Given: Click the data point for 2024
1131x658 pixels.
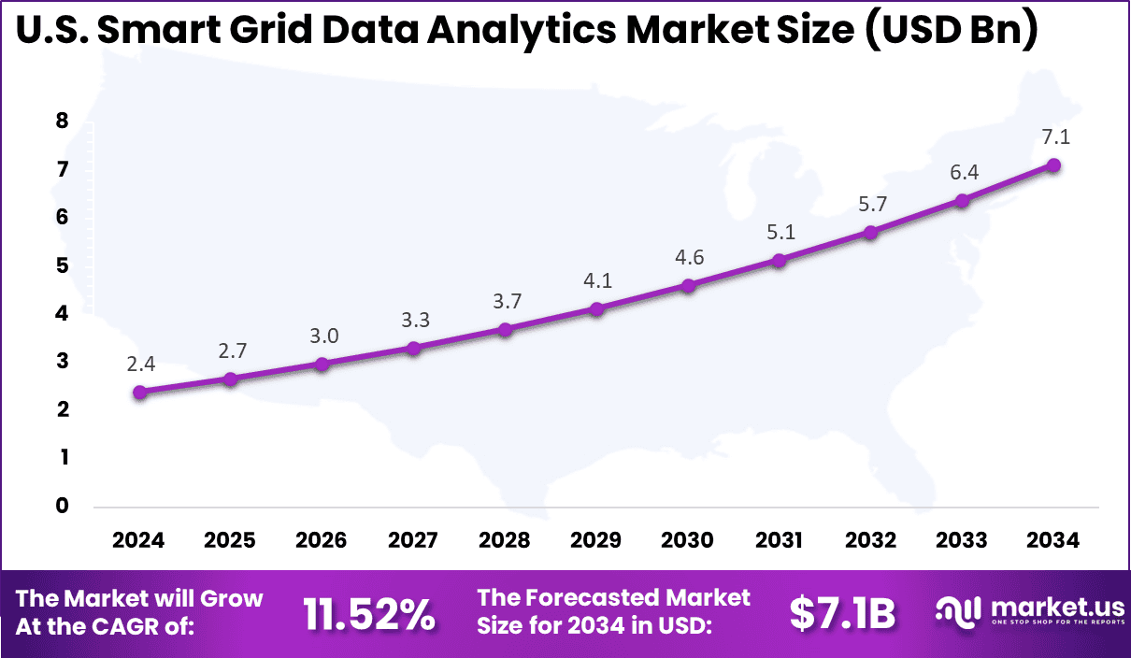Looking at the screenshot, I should coord(139,393).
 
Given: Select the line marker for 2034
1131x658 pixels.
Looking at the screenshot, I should coord(1053,164).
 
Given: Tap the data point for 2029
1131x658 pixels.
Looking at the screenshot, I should coord(596,308).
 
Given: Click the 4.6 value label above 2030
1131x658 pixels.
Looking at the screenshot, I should coord(688,257).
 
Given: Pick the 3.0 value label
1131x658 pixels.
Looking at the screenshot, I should coord(322,336).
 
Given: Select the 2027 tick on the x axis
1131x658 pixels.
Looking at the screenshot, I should coord(413,540).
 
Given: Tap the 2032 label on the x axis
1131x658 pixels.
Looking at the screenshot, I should coord(870,540).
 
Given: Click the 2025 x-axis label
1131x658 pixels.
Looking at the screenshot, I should coord(230,540).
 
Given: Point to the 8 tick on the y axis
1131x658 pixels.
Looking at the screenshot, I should coord(63,121).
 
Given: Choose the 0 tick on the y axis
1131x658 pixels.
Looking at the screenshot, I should coord(63,506).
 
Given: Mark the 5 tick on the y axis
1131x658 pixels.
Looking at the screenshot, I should coord(63,265).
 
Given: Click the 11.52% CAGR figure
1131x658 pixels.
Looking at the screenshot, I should coord(369,614).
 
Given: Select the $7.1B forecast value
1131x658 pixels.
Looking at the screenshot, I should coord(842,614).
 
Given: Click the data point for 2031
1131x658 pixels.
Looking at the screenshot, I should coord(779,261).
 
